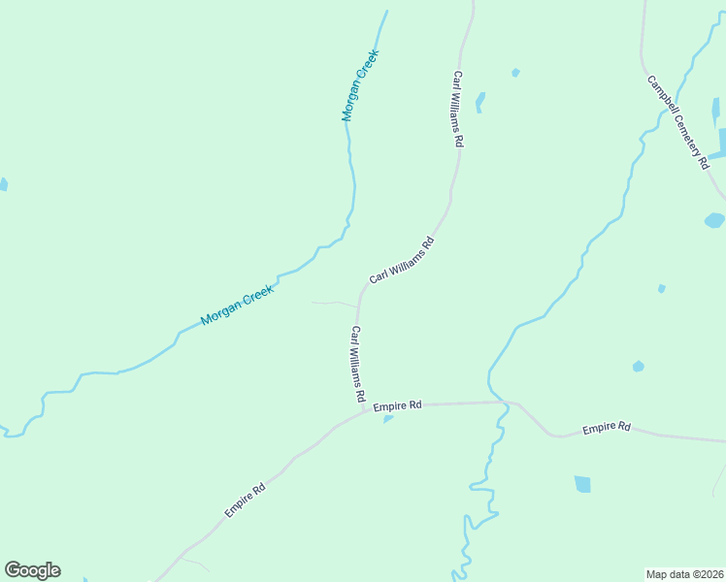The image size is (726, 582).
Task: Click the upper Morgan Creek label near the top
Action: click(x=359, y=85)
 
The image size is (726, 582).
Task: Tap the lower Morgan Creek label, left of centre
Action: click(x=237, y=305)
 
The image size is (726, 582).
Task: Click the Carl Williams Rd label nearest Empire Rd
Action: click(x=357, y=365)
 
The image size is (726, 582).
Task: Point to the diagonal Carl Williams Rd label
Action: click(x=401, y=259)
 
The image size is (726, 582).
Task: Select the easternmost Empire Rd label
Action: click(x=607, y=427)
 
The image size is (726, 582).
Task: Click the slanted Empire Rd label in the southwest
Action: click(x=245, y=500)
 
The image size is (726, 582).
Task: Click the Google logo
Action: click(x=32, y=570)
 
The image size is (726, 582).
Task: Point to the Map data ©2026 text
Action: click(x=684, y=573)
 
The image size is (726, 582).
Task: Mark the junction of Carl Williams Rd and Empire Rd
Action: click(x=366, y=409)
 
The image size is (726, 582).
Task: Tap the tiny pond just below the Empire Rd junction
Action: click(x=388, y=419)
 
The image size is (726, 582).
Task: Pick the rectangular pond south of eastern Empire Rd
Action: click(x=582, y=484)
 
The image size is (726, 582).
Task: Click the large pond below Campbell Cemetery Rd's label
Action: click(x=714, y=220)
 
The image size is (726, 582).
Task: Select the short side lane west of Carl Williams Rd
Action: click(x=333, y=304)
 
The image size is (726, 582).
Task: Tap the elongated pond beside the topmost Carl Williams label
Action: click(x=480, y=102)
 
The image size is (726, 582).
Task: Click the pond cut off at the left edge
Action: click(x=3, y=184)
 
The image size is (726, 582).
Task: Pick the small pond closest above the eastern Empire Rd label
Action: click(x=638, y=367)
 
